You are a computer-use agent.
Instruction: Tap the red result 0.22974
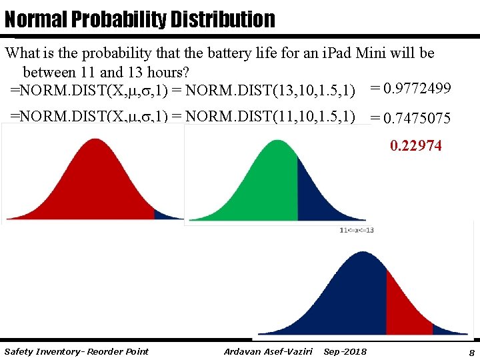coord(415,145)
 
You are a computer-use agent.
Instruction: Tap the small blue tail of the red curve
coord(165,214)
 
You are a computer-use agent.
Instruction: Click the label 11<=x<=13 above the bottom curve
coord(357,230)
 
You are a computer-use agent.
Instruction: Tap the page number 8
coord(471,352)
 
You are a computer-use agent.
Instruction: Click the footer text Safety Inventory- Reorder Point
coord(76,351)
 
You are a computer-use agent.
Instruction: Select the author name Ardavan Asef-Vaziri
coord(268,351)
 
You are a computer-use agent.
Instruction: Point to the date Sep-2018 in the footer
coord(345,351)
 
